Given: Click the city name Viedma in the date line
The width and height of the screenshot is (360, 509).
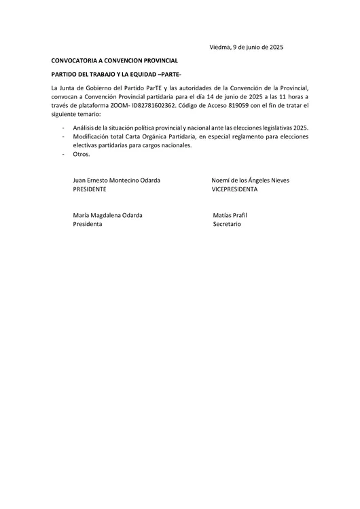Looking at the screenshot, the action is pyautogui.click(x=219, y=47).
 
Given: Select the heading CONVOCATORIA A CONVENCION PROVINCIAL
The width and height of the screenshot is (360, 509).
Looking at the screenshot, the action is pyautogui.click(x=115, y=61).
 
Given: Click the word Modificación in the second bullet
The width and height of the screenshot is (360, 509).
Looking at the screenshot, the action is pyautogui.click(x=92, y=136).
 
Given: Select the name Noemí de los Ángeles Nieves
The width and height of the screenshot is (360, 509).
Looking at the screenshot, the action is pyautogui.click(x=250, y=180).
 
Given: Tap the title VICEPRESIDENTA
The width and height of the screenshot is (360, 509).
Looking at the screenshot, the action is pyautogui.click(x=234, y=189).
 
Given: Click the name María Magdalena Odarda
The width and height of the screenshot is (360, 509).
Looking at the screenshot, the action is pyautogui.click(x=107, y=214).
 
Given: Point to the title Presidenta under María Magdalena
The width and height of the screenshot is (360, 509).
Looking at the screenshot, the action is pyautogui.click(x=87, y=224).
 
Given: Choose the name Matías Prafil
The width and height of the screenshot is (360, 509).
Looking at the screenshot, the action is pyautogui.click(x=230, y=214).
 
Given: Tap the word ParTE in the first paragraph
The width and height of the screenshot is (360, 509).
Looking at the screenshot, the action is pyautogui.click(x=149, y=88).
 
